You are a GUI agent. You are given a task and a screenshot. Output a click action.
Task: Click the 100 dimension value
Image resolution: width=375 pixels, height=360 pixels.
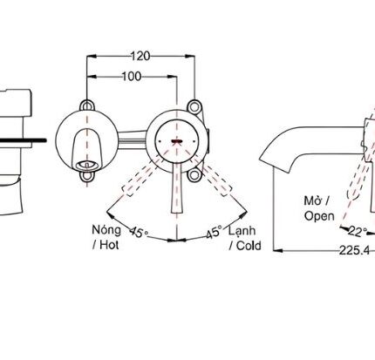tap(133, 77)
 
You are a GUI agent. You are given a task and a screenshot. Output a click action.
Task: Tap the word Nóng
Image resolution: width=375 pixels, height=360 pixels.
tap(106, 229)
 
